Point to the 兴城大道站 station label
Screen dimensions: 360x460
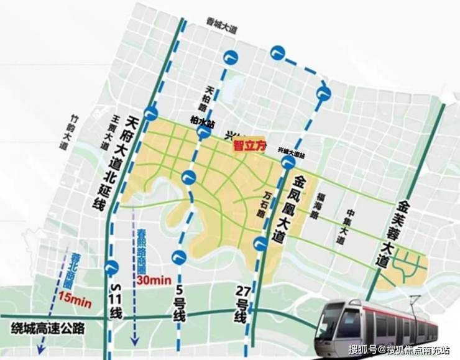[291, 150]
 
